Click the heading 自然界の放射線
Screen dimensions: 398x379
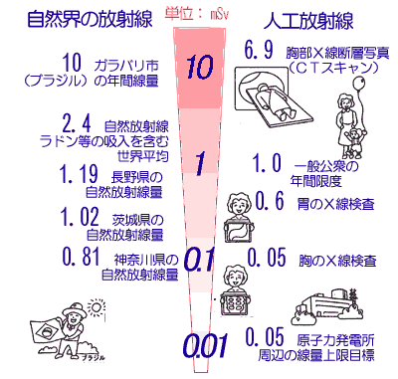pos(90,19)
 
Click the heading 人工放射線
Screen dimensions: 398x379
pos(308,21)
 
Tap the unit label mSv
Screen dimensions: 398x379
pos(220,15)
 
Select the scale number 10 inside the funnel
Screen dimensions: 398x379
pos(199,67)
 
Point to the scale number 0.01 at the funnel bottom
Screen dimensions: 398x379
pos(206,345)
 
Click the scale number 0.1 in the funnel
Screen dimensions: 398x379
pos(198,260)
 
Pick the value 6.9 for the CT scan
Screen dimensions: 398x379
pos(259,50)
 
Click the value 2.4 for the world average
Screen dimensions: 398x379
pos(77,124)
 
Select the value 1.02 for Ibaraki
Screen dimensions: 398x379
pos(80,217)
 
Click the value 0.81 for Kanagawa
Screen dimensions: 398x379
pos(82,257)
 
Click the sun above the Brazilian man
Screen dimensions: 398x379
pos(97,307)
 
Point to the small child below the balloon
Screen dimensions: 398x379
pos(354,143)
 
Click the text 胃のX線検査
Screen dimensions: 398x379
pos(336,204)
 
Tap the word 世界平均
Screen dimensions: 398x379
pos(143,156)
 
